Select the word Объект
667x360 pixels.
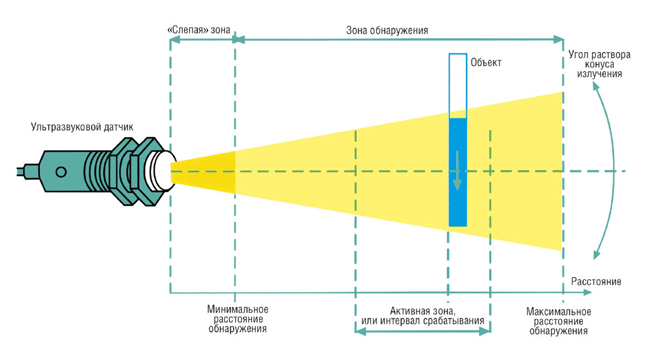486,62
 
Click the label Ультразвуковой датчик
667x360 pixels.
82,128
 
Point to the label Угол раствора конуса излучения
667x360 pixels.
599,64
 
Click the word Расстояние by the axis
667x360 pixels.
596,281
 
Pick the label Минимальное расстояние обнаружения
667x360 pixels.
237,319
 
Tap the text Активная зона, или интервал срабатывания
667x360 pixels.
422,315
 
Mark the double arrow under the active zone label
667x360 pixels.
422,331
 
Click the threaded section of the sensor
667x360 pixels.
98,172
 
